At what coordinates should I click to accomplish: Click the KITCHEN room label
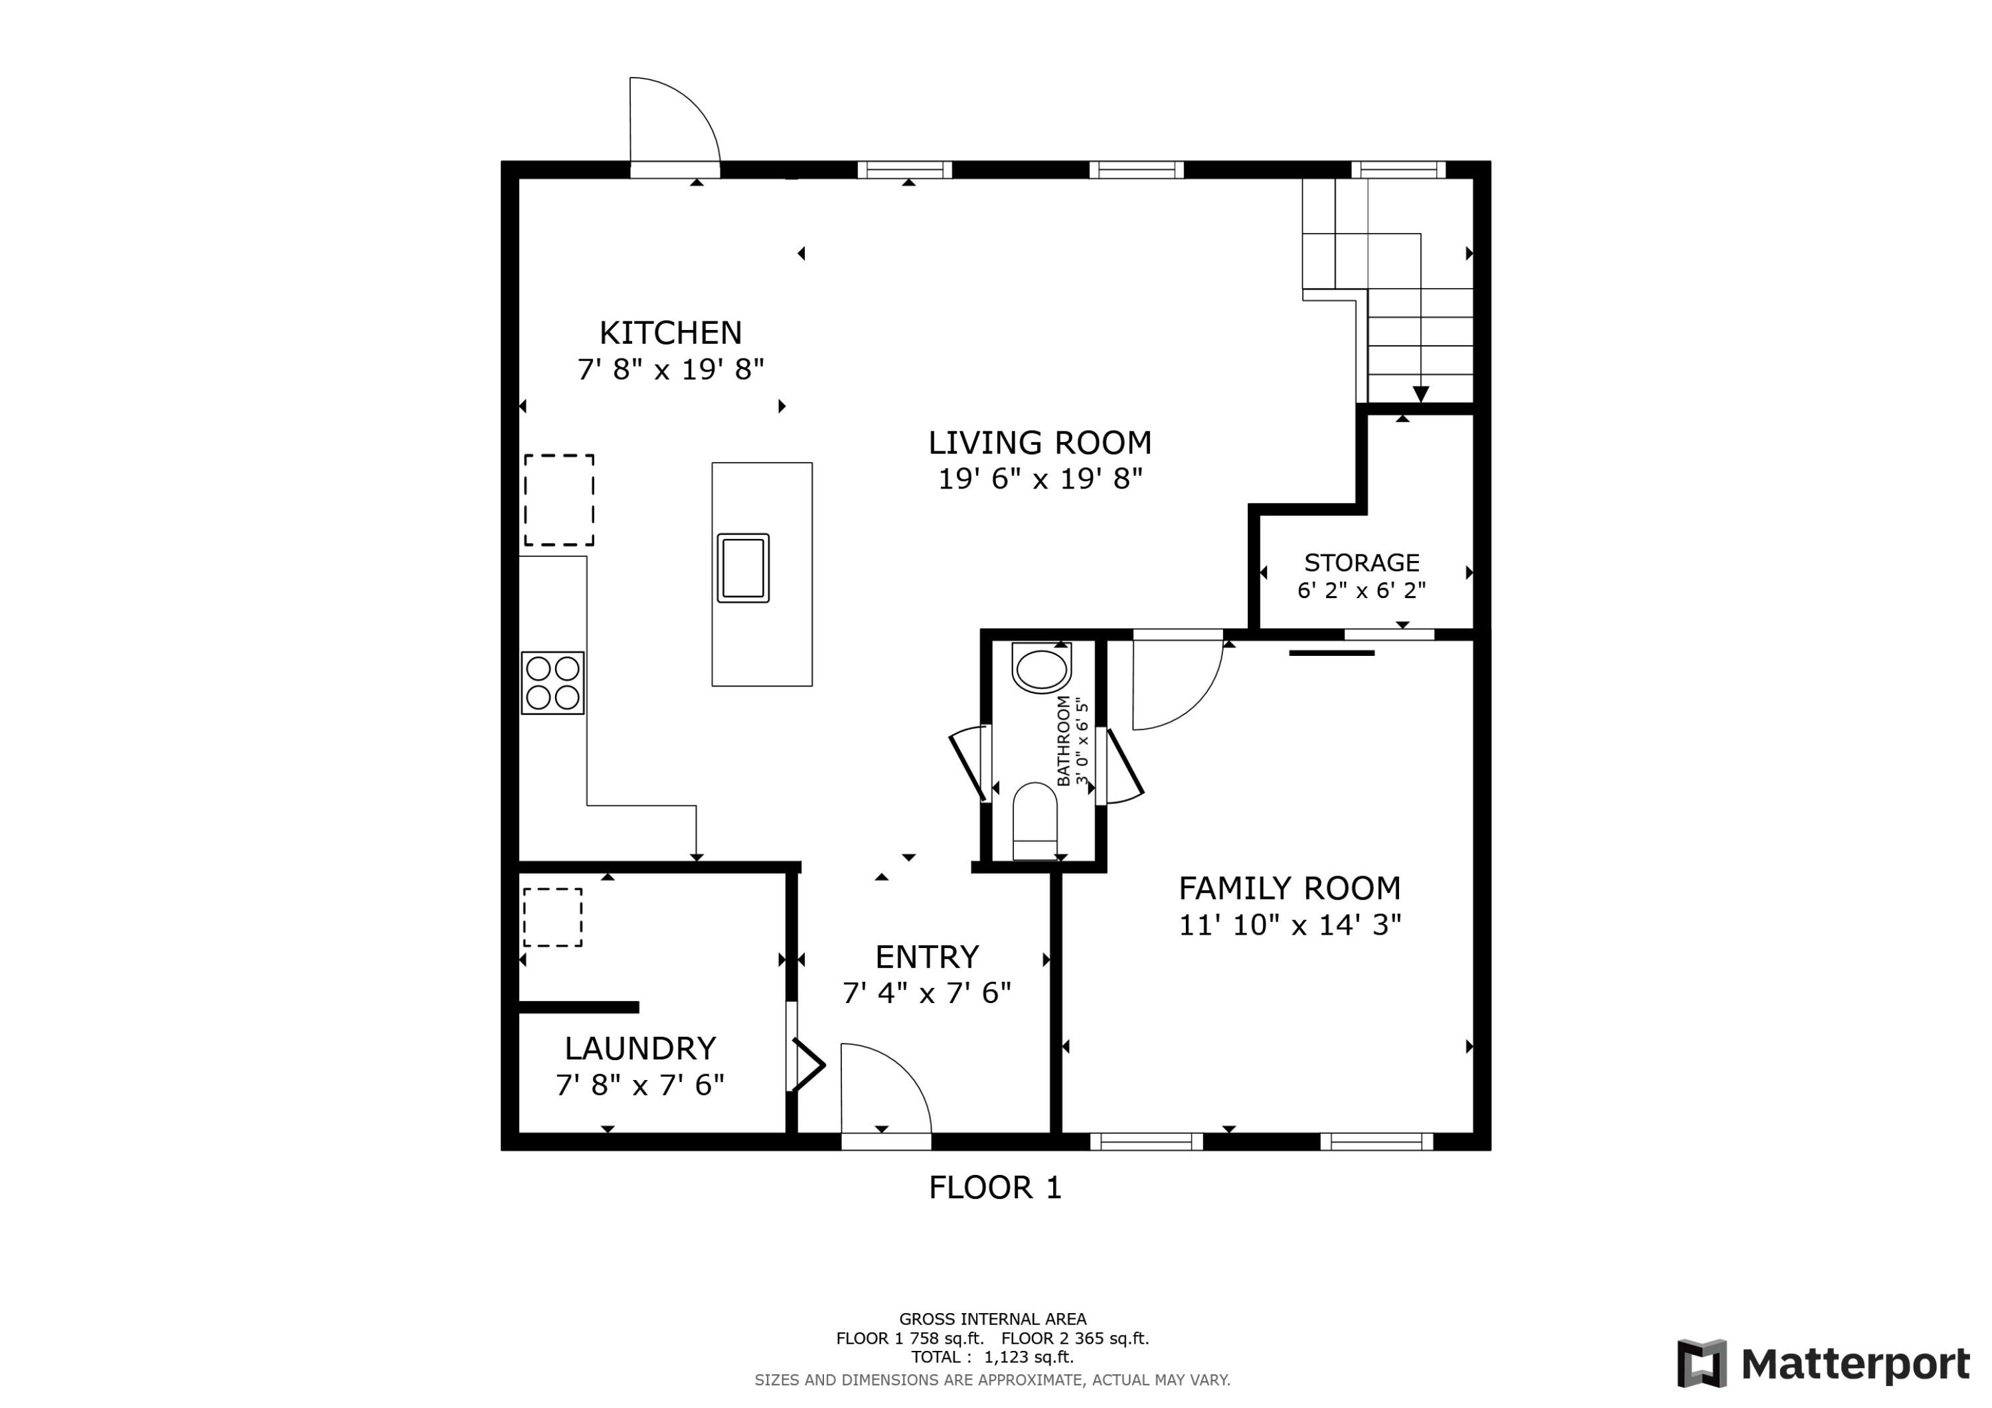point(670,333)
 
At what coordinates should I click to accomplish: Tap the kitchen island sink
point(742,568)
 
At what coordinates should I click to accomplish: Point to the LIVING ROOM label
point(1039,443)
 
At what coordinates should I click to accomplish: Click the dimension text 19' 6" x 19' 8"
point(1039,479)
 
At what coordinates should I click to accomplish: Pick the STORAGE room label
point(1361,563)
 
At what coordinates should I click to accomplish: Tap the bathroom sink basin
point(1041,669)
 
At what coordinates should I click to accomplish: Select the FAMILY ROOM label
point(1289,888)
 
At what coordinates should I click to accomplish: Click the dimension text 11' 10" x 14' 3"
point(1289,925)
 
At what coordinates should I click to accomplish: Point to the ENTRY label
point(926,957)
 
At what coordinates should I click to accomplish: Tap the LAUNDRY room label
point(640,1048)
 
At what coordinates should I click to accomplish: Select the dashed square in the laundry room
point(552,917)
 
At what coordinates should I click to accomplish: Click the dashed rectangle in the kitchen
point(558,501)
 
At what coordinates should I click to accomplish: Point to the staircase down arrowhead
point(1420,395)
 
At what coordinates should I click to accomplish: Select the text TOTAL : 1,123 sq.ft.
point(991,1357)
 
